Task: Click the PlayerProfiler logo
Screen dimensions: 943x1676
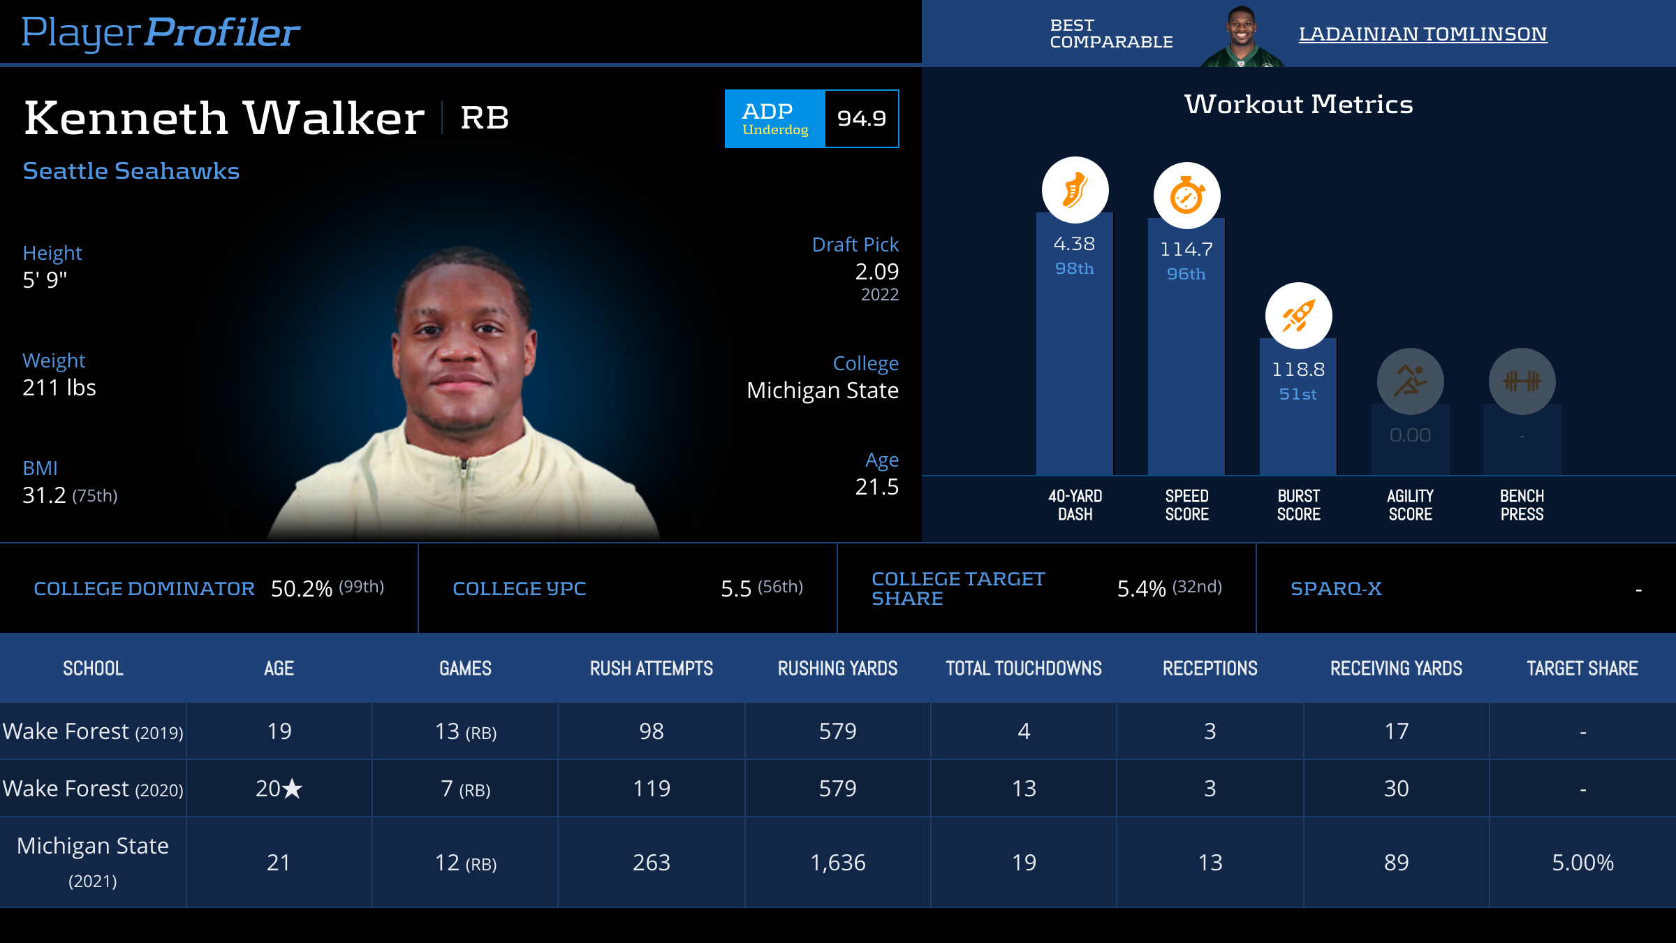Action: [x=161, y=32]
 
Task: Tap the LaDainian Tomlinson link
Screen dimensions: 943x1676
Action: [x=1423, y=34]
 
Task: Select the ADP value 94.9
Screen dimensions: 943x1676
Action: [x=862, y=119]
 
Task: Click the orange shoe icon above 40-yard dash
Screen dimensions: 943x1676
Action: [x=1075, y=190]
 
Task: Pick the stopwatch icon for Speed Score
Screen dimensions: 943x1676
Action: [x=1186, y=196]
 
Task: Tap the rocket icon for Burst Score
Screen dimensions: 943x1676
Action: [x=1298, y=316]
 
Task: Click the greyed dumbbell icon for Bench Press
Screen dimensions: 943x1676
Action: [x=1522, y=381]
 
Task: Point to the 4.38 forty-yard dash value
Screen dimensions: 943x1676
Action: [x=1074, y=244]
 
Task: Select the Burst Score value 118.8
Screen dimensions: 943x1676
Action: [x=1298, y=370]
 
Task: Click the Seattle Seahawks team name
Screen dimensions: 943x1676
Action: [x=131, y=171]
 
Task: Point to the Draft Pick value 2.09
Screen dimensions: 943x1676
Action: [x=876, y=272]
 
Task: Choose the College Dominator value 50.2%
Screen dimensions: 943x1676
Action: [x=302, y=589]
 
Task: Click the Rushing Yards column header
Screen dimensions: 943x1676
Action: [x=837, y=668]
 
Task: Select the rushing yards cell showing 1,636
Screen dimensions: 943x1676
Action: [x=837, y=863]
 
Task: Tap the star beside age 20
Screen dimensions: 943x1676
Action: [x=292, y=789]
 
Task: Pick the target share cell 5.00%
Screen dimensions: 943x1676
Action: [x=1582, y=863]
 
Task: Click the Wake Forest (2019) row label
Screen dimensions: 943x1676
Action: [x=93, y=731]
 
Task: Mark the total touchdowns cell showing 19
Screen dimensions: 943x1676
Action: [x=1024, y=863]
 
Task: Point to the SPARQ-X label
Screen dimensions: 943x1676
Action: [x=1336, y=589]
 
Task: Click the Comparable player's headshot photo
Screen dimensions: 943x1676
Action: [x=1241, y=36]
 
